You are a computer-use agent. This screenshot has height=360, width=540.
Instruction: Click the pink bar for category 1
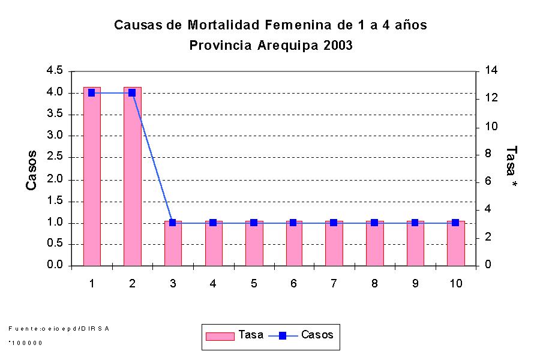click(x=91, y=176)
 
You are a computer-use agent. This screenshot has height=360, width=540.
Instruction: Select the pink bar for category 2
click(x=132, y=176)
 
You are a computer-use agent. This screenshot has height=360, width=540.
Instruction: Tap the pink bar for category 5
click(x=254, y=243)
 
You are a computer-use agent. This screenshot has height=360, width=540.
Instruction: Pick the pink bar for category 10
click(x=455, y=243)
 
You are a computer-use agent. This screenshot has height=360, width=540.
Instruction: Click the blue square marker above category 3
click(x=173, y=223)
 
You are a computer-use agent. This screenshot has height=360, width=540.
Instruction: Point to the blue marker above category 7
click(x=334, y=223)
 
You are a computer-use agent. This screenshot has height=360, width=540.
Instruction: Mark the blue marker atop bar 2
click(x=132, y=93)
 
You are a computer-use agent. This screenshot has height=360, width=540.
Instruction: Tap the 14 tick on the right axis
click(x=491, y=71)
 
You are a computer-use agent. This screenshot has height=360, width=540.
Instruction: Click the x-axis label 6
click(x=293, y=284)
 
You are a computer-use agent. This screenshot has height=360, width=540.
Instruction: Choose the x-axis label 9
click(x=415, y=284)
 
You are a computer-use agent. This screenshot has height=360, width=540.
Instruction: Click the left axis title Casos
click(x=32, y=170)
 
